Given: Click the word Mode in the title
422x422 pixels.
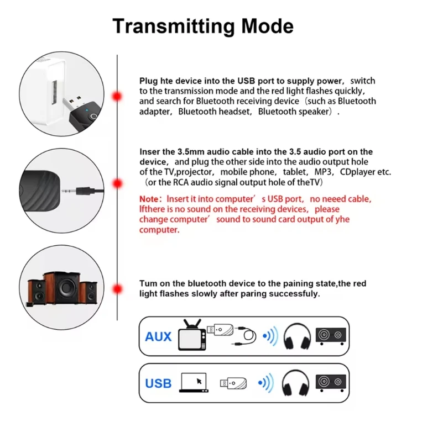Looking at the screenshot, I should click(x=268, y=26).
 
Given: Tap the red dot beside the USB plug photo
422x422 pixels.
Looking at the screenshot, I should click(x=117, y=96).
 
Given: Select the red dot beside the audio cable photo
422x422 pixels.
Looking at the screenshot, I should click(x=117, y=184).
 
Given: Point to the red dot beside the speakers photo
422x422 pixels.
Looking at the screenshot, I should click(x=117, y=289).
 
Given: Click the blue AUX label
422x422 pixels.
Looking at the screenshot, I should click(x=158, y=336).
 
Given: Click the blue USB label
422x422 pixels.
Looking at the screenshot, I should click(x=158, y=383).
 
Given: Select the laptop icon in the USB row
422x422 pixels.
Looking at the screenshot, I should click(x=194, y=382).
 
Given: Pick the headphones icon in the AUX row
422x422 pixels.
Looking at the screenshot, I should click(x=295, y=337).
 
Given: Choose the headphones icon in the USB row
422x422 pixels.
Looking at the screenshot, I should click(x=295, y=382).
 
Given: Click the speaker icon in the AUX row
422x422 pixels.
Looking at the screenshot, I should click(x=331, y=336).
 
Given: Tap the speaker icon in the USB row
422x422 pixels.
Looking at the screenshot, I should click(x=331, y=382).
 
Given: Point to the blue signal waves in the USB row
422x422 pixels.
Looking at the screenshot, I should click(x=267, y=382).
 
